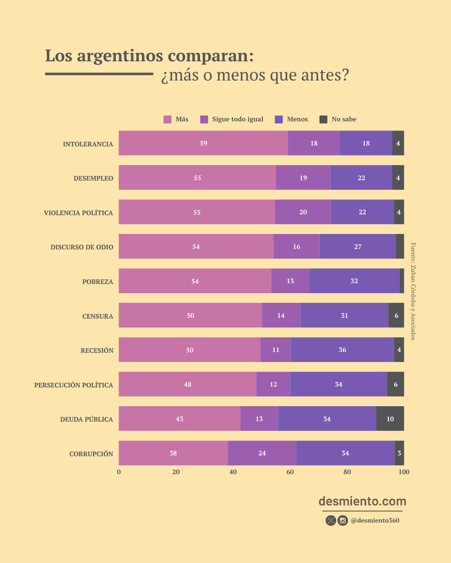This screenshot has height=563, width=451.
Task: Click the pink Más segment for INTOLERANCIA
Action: point(203,143)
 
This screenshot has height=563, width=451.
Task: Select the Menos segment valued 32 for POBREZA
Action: point(354,281)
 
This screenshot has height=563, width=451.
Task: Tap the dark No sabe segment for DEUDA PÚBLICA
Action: point(390,419)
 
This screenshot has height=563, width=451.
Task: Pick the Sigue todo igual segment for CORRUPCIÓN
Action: point(262,453)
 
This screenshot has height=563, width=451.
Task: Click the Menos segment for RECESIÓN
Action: point(342,350)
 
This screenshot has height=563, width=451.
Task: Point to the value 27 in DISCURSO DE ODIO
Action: point(358,247)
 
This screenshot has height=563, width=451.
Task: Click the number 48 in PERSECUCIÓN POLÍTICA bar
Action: point(187,385)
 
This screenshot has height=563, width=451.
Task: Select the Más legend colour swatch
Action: point(167,120)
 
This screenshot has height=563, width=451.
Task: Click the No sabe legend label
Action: point(344,119)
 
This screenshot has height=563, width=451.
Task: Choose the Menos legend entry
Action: point(297,119)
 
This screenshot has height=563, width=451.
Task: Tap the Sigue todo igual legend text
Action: point(238,119)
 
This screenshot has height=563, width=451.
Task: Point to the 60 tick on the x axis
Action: point(290,472)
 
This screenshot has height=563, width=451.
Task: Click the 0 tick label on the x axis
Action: point(119,472)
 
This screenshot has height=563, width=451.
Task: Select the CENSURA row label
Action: point(98,317)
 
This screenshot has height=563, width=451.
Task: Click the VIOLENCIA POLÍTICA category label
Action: point(79,213)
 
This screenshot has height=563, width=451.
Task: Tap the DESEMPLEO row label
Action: point(93,178)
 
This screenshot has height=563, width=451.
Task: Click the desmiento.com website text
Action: point(362,501)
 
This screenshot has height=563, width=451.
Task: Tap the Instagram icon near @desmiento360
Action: point(343,520)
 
